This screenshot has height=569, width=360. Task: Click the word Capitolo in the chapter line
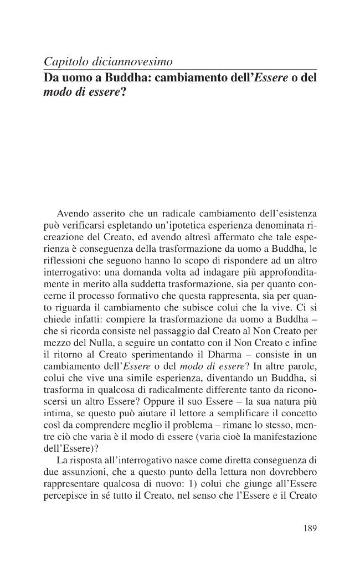coord(62,62)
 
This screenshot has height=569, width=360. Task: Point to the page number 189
coord(310,529)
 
